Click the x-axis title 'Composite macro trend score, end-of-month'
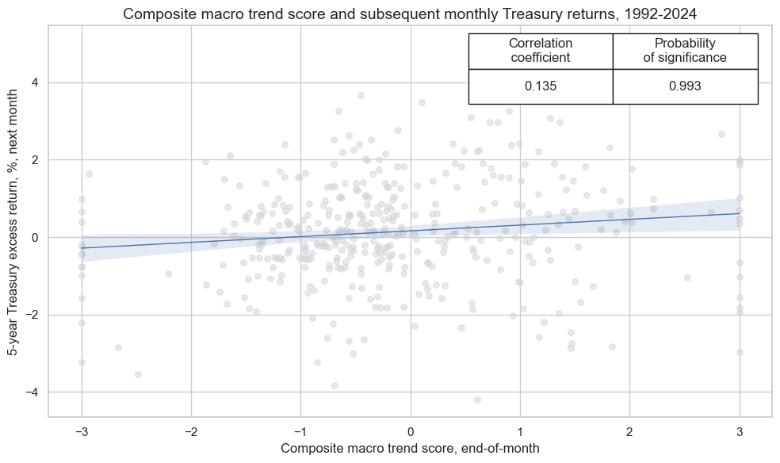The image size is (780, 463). [x=410, y=449]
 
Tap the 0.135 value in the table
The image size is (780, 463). [x=540, y=86]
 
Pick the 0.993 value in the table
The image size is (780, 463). [x=685, y=86]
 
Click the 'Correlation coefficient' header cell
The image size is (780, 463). [x=540, y=51]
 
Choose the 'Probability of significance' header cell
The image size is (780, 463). [x=685, y=51]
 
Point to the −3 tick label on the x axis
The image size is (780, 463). [x=81, y=430]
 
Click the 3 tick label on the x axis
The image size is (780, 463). [x=740, y=430]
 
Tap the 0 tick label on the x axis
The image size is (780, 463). [x=411, y=430]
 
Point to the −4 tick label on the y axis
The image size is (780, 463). [x=32, y=392]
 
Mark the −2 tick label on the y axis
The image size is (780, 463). [x=32, y=315]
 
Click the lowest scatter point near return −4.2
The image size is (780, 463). [x=477, y=400]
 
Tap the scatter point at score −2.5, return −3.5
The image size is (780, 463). [x=138, y=374]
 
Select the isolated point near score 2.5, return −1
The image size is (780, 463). [x=687, y=277]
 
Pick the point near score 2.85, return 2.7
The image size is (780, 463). [x=721, y=134]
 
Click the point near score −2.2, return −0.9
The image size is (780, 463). [x=168, y=274]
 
